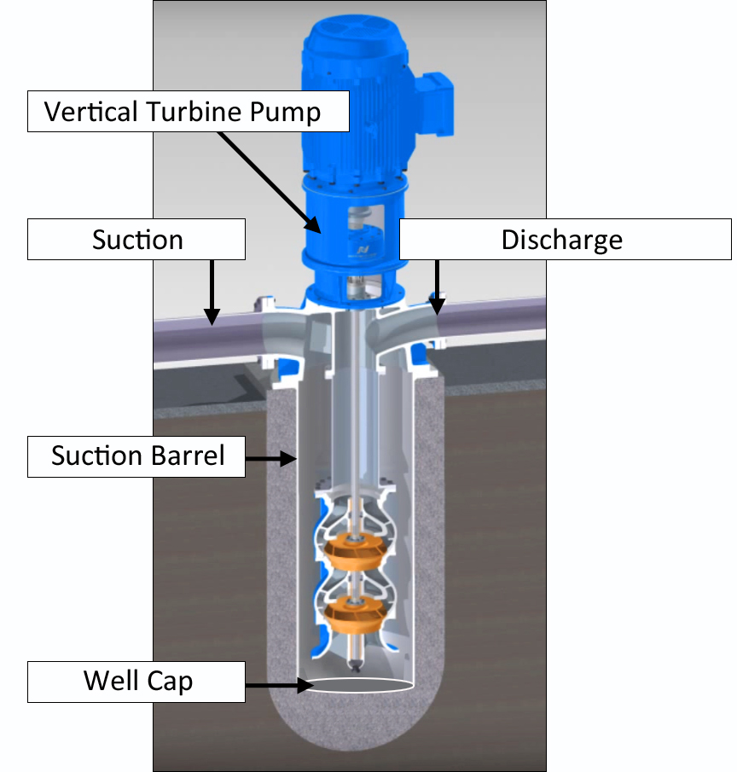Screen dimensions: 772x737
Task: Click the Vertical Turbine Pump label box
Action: (x=189, y=112)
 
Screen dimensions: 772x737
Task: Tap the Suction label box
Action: (x=136, y=240)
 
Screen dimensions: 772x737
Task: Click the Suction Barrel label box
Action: (x=136, y=456)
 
